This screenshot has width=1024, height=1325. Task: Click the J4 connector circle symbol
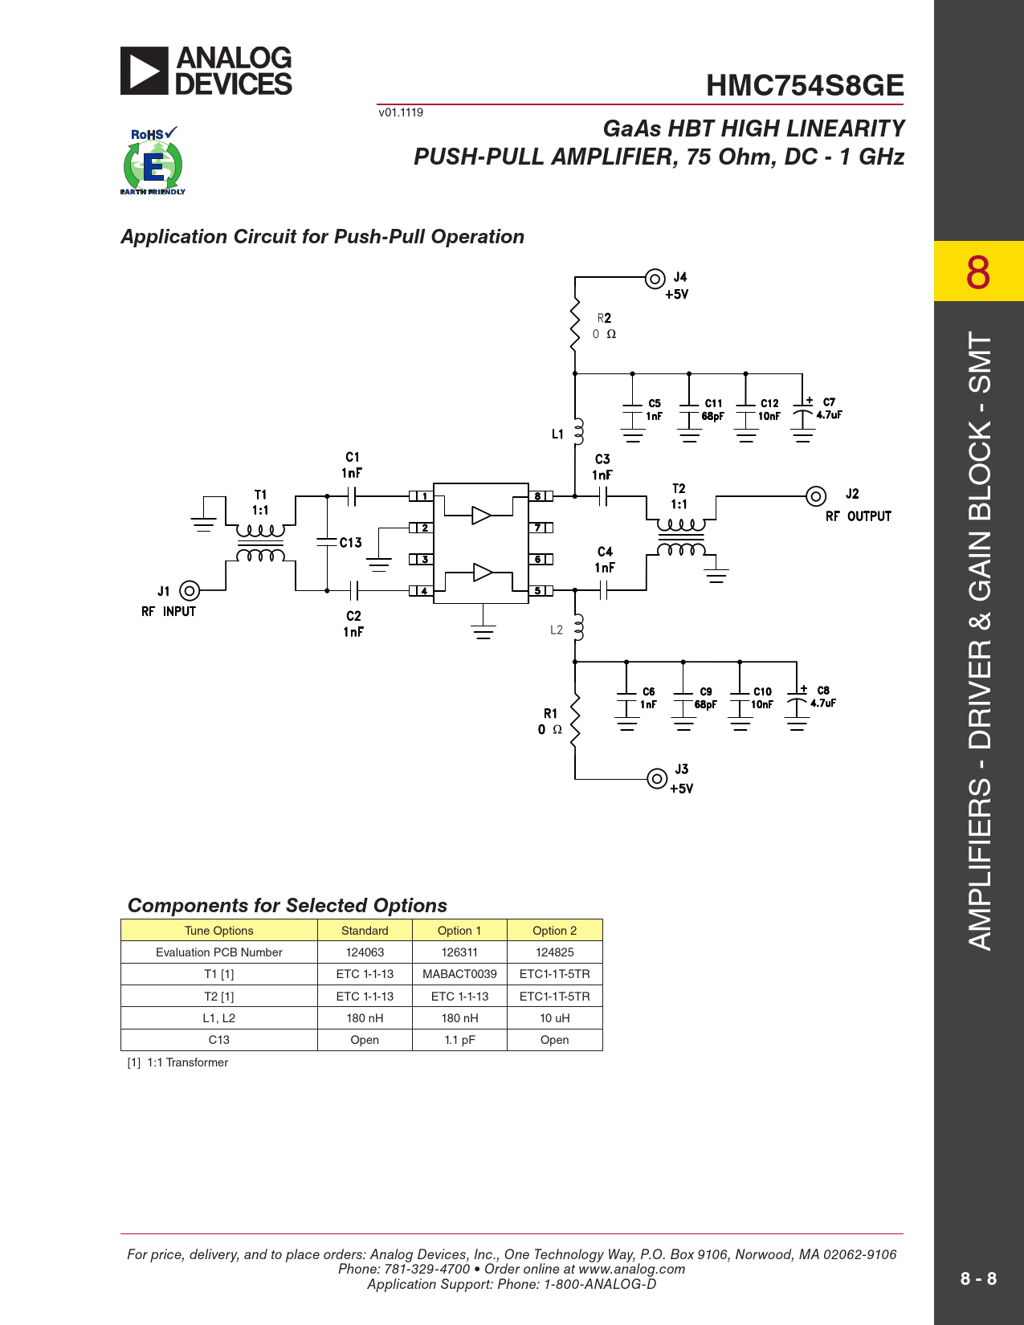click(655, 279)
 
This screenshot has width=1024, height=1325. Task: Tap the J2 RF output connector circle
click(816, 496)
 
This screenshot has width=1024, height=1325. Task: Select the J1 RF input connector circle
click(190, 591)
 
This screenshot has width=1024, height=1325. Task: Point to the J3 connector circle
click(657, 779)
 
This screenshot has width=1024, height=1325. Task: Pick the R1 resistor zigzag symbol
click(574, 720)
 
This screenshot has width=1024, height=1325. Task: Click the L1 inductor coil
click(578, 431)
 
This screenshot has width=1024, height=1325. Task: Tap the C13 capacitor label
click(351, 543)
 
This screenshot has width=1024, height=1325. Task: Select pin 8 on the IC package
click(541, 496)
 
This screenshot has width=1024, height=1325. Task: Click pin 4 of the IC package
click(422, 591)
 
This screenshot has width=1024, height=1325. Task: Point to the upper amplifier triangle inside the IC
click(481, 516)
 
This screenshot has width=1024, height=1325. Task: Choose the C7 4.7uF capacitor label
click(829, 409)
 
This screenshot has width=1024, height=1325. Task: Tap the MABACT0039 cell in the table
click(459, 974)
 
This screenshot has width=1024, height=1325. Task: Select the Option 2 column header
click(554, 931)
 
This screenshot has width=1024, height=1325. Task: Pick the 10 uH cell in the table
click(554, 1017)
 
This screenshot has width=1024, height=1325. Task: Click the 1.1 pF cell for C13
click(459, 1040)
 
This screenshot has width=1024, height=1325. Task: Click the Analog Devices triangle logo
click(144, 71)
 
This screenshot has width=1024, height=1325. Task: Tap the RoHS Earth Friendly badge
click(153, 161)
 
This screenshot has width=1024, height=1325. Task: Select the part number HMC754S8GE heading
click(805, 85)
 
